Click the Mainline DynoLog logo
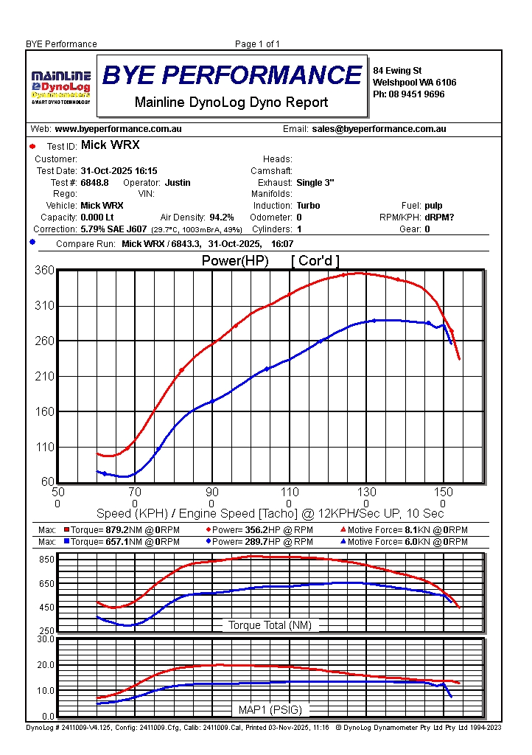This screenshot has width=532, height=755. point(60,86)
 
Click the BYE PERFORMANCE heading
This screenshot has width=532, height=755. point(232,75)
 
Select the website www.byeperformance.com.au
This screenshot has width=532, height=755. point(118,129)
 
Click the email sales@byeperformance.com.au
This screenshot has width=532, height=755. point(379,129)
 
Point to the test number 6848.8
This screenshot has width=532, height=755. point(95,182)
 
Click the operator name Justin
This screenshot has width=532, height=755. point(178,182)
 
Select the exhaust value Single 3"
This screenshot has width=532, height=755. point(315,182)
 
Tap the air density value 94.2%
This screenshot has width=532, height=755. point(222,218)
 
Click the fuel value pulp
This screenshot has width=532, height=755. point(433,206)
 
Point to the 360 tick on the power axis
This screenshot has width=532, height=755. point(44,271)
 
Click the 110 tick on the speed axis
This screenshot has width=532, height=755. point(290,493)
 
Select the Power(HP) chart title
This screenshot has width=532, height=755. point(235,261)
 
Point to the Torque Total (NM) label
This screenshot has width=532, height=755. point(270,625)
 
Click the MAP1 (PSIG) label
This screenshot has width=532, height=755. point(270,710)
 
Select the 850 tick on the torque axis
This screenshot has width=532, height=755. point(46,560)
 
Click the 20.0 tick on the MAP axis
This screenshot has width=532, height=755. point(46,665)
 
